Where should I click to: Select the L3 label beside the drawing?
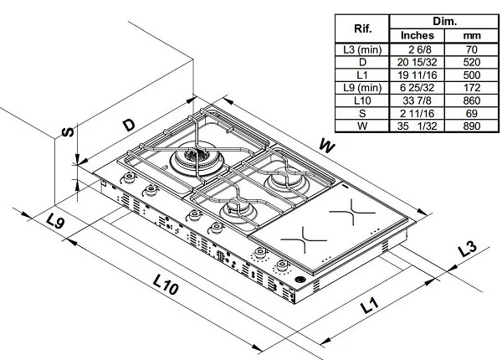click(468, 249)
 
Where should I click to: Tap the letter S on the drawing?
click(70, 132)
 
